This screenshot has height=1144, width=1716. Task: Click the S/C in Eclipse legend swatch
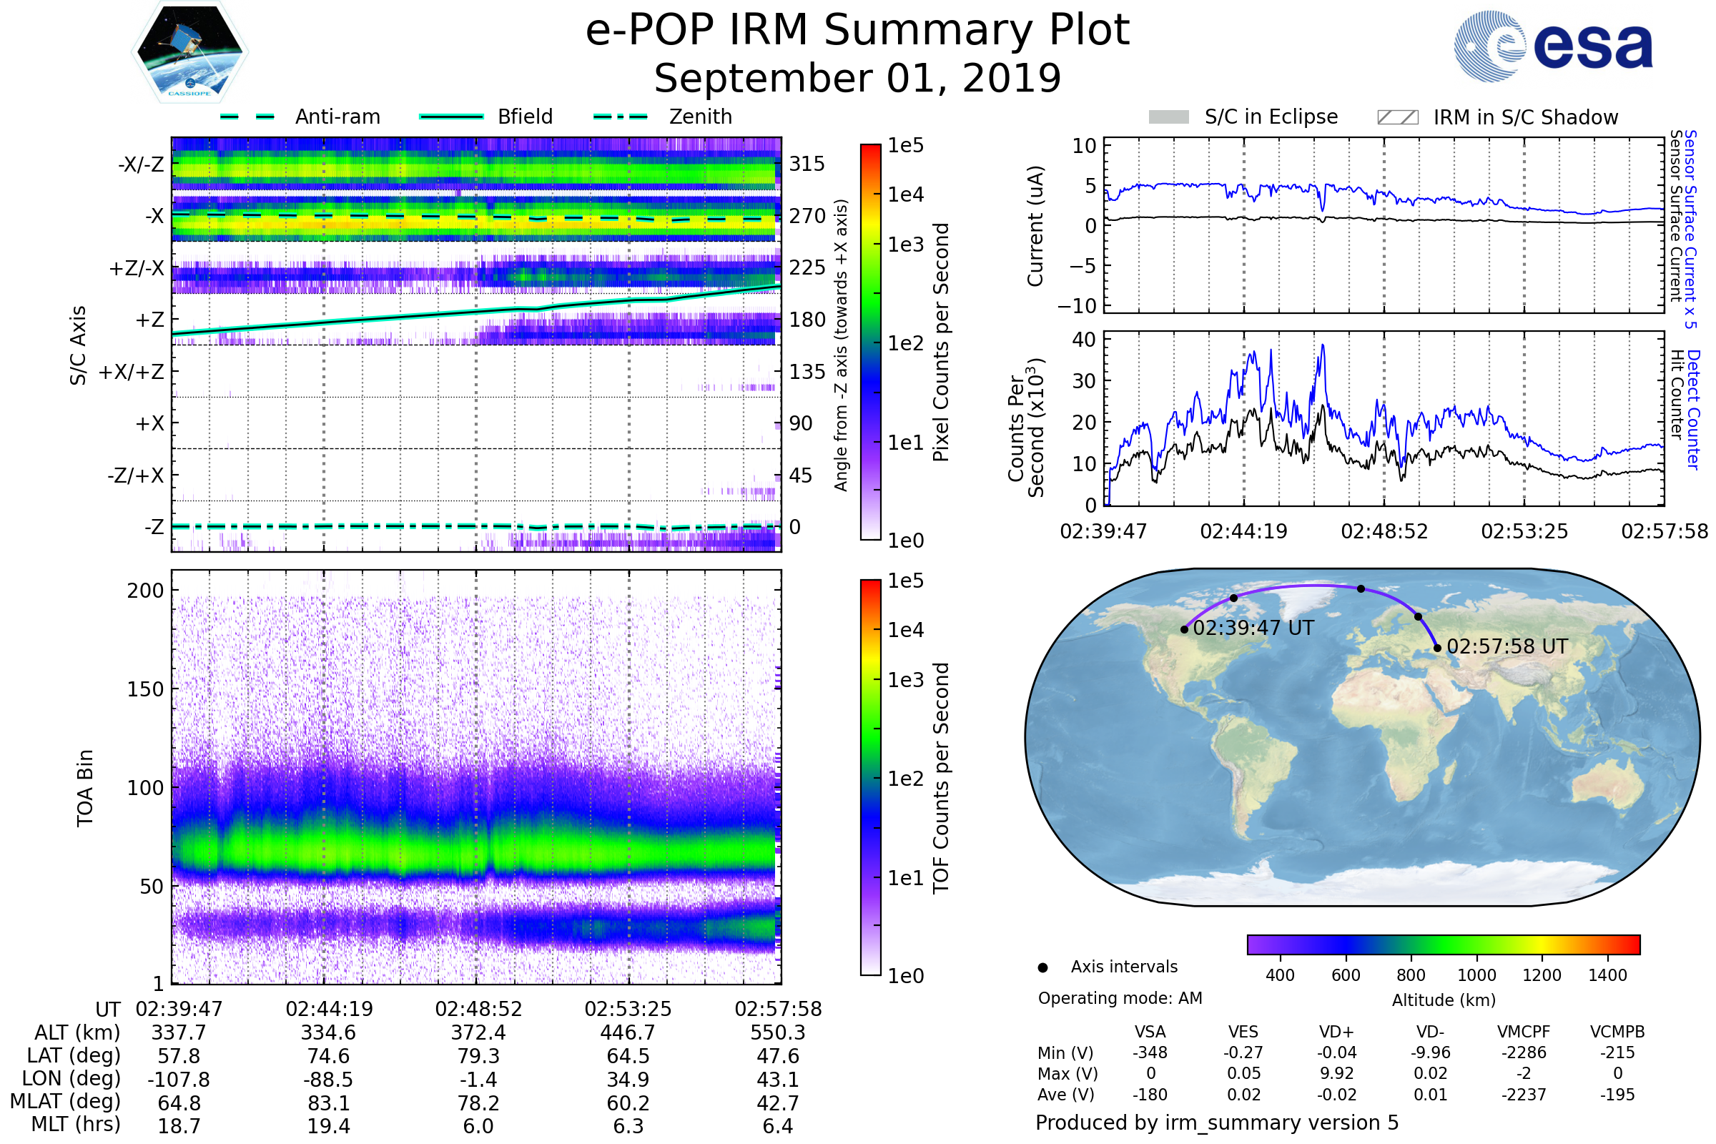pos(1168,117)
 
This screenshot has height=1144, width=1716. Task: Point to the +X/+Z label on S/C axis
pos(132,372)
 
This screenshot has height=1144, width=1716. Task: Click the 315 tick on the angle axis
pos(807,164)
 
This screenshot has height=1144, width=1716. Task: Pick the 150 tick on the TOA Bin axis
pos(145,689)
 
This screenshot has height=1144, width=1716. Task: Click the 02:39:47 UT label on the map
pos(1253,628)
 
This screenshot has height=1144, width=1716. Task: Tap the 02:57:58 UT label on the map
pos(1507,646)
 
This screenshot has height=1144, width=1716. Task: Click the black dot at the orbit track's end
pos(1436,647)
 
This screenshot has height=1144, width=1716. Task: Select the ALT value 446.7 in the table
pos(628,1032)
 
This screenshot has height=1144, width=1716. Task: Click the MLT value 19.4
pos(328,1125)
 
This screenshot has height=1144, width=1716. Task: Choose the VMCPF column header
pos(1524,1032)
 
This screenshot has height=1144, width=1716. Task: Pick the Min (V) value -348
pos(1150,1052)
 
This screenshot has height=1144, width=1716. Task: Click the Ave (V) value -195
pos(1617,1095)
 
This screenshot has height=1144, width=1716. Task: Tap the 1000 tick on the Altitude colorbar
pos(1476,975)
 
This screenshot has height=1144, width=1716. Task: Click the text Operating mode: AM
pos(1120,998)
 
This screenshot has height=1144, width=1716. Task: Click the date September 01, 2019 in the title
pos(857,78)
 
